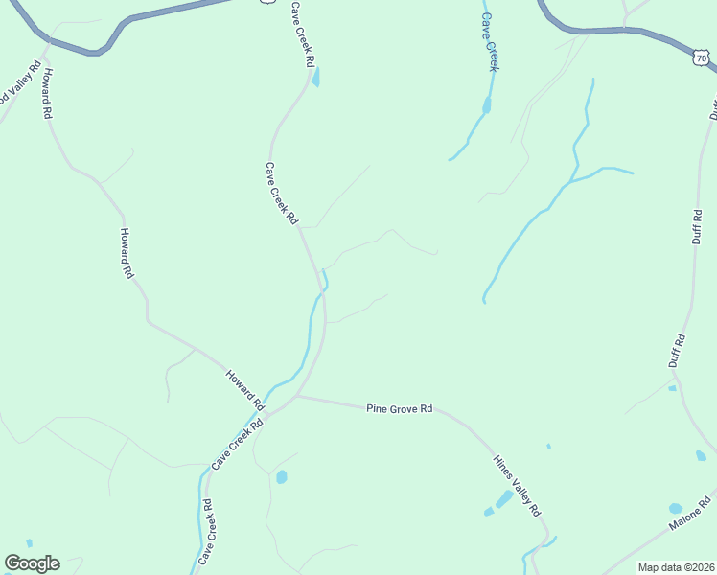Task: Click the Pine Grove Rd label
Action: pos(400,409)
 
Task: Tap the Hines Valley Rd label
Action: pos(518,485)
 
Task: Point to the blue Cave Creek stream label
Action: pos(490,42)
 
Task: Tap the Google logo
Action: pos(32,563)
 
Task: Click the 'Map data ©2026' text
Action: pos(676,567)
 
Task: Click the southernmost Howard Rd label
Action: pos(243,387)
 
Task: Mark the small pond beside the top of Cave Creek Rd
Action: pos(316,77)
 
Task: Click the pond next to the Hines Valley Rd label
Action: pos(503,499)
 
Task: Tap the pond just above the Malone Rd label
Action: pos(676,509)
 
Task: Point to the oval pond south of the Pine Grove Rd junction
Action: pos(282,476)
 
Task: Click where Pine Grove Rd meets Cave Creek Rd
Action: pos(297,395)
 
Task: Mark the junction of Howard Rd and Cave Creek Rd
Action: pos(266,414)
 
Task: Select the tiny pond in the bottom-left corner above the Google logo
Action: pos(30,543)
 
